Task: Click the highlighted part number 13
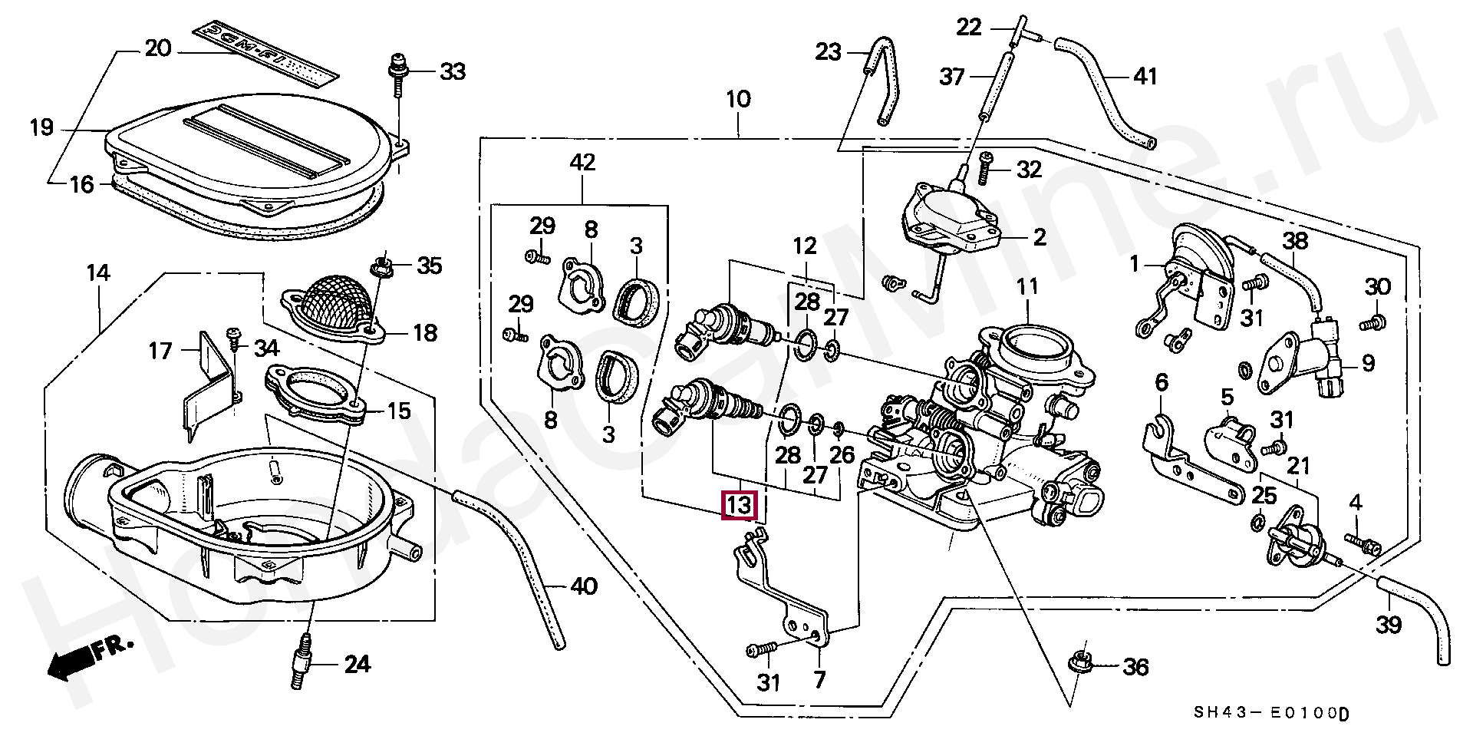click(x=740, y=506)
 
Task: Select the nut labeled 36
click(x=1081, y=665)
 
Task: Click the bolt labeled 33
click(x=397, y=76)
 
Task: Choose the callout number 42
click(x=582, y=163)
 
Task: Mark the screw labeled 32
click(x=984, y=167)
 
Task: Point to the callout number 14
click(x=98, y=272)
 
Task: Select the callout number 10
click(x=738, y=100)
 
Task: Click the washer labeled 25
click(x=1258, y=523)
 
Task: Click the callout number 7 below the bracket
click(x=819, y=680)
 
